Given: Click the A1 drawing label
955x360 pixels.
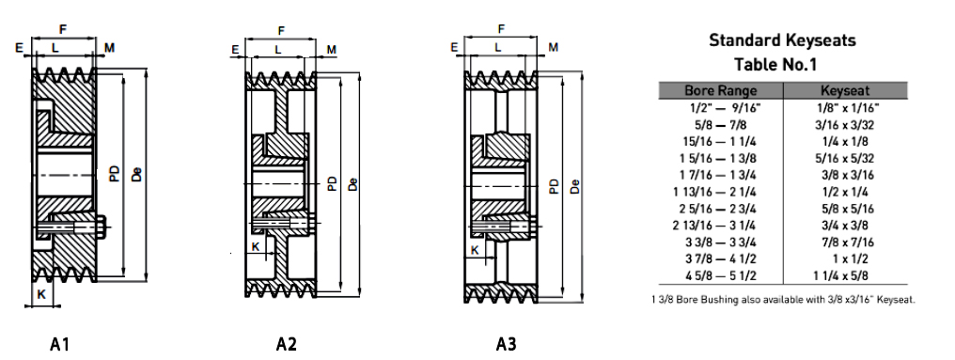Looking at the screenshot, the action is pyautogui.click(x=59, y=344).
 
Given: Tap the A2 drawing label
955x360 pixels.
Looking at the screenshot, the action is pyautogui.click(x=287, y=344).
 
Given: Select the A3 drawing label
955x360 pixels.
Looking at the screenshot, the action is pyautogui.click(x=506, y=344).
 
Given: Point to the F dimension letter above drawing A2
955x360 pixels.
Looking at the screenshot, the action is pyautogui.click(x=281, y=30).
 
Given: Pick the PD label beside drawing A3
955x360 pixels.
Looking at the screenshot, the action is pyautogui.click(x=553, y=186).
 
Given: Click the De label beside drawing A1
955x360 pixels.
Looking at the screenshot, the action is pyautogui.click(x=137, y=174).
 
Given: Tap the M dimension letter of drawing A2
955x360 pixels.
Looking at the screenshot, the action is pyautogui.click(x=331, y=49).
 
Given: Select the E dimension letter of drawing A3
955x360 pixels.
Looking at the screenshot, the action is pyautogui.click(x=454, y=48).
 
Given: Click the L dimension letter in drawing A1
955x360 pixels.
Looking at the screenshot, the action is pyautogui.click(x=55, y=48).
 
